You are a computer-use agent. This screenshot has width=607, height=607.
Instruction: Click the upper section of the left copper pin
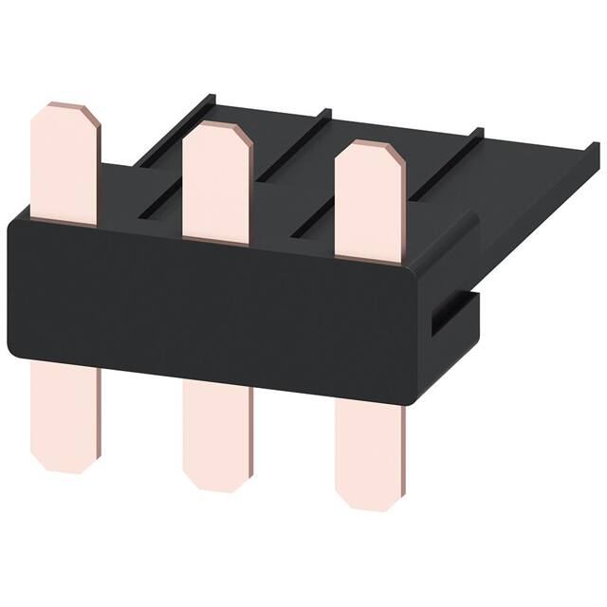tap(64, 166)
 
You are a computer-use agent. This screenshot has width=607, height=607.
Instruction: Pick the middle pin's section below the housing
tap(218, 432)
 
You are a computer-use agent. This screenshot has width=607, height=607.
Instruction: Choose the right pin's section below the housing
tap(368, 451)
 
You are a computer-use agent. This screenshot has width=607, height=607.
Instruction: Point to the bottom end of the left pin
tap(64, 469)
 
